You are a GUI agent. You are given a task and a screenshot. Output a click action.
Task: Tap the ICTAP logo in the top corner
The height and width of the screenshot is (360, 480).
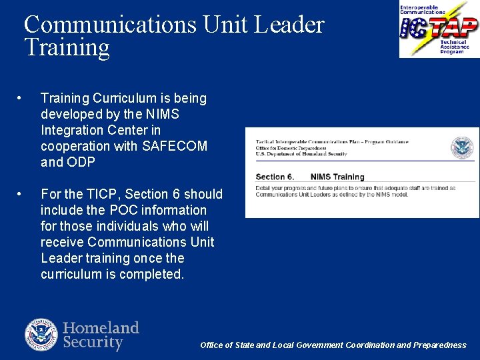pos(439,29)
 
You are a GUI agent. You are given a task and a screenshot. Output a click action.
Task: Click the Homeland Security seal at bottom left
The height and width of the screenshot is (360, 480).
pos(41,335)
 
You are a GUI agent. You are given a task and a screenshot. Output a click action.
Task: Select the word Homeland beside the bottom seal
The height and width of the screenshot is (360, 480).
pos(101,328)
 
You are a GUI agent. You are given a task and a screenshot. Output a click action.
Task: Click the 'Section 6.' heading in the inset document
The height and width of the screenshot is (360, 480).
pos(275,177)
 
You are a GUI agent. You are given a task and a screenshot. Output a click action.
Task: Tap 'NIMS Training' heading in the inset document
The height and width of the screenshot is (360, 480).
pos(337,177)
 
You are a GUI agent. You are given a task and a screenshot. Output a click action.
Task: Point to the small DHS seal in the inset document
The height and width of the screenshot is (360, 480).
pos(461,147)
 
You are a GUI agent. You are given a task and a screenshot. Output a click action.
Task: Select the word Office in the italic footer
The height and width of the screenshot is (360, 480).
pos(212,345)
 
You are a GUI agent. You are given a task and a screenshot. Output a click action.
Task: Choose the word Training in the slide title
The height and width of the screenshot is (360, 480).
pos(67,47)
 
